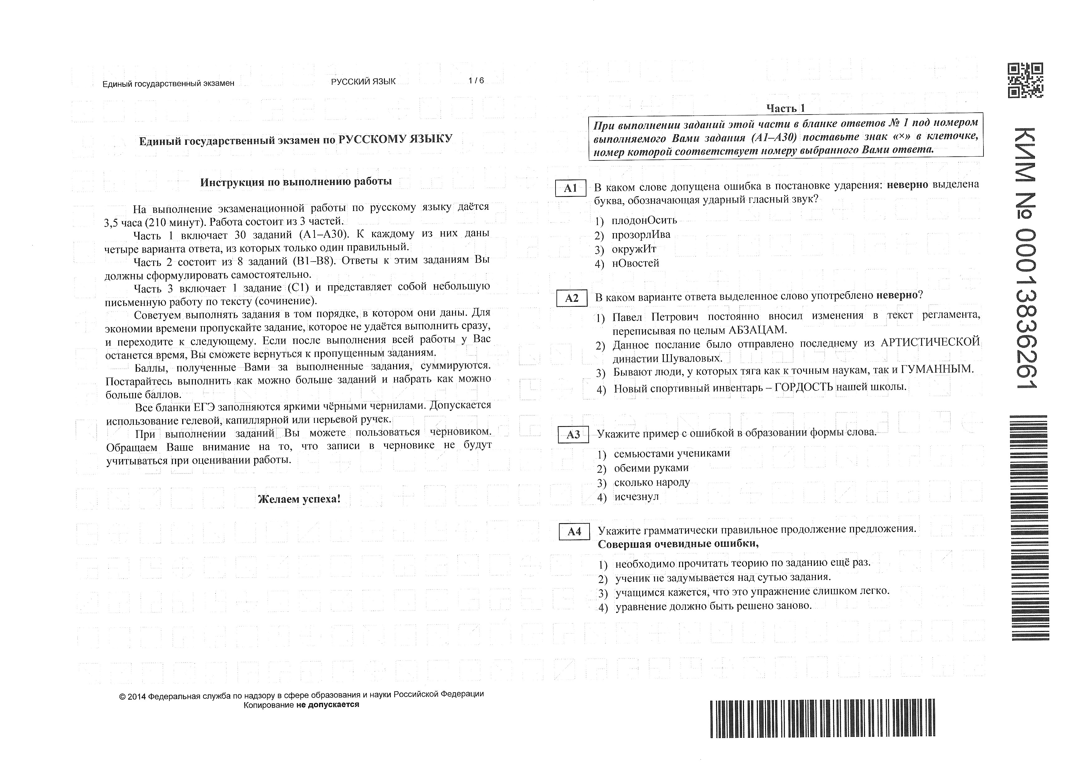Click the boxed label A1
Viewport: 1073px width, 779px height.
pyautogui.click(x=570, y=189)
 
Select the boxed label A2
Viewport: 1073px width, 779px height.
pyautogui.click(x=571, y=298)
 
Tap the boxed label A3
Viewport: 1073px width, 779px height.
pyautogui.click(x=573, y=434)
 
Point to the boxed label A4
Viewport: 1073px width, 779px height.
pyautogui.click(x=574, y=532)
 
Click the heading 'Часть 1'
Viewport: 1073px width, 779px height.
pyautogui.click(x=785, y=108)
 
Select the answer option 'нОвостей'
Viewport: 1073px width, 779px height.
pyautogui.click(x=635, y=263)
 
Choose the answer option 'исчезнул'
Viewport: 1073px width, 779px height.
pyautogui.click(x=636, y=497)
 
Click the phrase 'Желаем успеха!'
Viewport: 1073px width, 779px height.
pyautogui.click(x=299, y=499)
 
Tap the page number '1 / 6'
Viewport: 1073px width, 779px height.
pyautogui.click(x=476, y=81)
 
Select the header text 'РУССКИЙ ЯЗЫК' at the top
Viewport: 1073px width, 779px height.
pyautogui.click(x=363, y=81)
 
